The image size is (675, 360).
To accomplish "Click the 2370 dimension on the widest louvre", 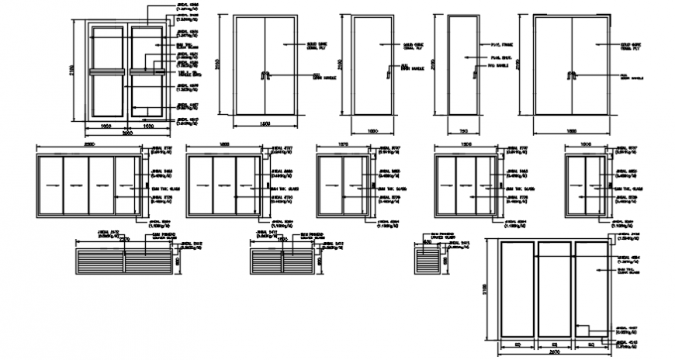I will tap(124, 240).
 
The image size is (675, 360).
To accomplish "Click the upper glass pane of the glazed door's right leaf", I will tap(145, 49).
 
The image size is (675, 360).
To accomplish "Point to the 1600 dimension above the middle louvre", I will tap(282, 240).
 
